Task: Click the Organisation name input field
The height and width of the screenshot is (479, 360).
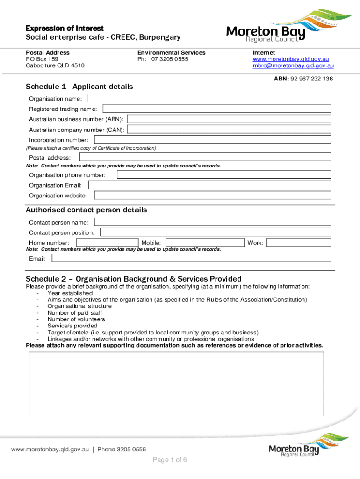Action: (x=209, y=98)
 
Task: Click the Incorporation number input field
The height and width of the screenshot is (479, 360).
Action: (x=213, y=140)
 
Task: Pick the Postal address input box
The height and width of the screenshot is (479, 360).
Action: (x=205, y=158)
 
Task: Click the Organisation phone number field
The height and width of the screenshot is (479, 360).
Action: (x=224, y=175)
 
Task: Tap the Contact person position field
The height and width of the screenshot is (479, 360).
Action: (x=216, y=232)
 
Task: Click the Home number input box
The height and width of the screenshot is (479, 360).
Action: (x=107, y=243)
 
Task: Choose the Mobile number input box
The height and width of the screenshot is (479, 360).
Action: (x=205, y=243)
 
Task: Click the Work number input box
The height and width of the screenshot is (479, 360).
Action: (x=299, y=243)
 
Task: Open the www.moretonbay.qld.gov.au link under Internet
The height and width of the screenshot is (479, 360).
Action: (x=291, y=59)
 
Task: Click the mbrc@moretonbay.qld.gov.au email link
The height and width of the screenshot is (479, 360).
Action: (x=293, y=66)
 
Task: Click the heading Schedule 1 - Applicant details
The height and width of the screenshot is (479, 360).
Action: (x=79, y=87)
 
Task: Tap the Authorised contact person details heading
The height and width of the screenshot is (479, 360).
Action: (x=86, y=210)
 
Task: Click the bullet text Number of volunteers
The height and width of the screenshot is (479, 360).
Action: (x=76, y=319)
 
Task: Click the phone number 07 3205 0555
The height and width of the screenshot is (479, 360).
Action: (x=170, y=59)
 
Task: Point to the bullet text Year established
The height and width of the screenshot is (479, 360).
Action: (x=70, y=293)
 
